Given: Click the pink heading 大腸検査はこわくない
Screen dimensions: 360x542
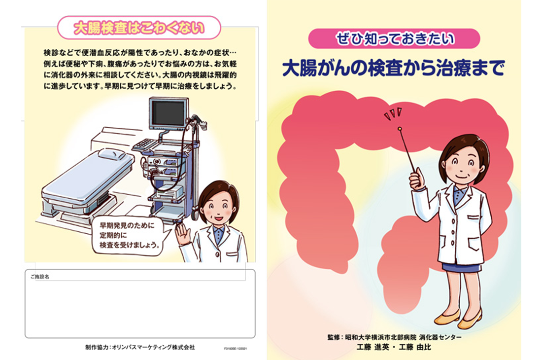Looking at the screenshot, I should (139, 28).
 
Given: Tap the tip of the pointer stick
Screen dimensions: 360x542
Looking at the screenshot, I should (399, 129).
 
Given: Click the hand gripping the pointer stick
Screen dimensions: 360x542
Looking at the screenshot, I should (417, 178).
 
